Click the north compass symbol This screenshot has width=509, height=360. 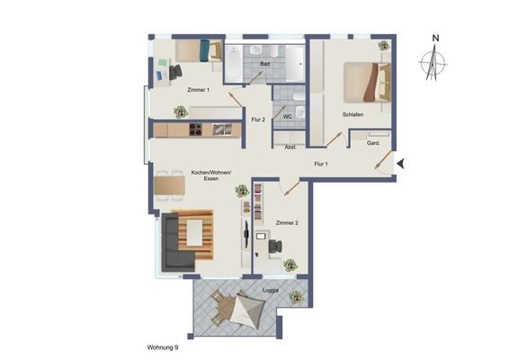[434, 62]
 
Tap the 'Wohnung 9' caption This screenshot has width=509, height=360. [162, 346]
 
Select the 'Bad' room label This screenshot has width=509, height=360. [264, 65]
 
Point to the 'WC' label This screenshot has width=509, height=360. [288, 117]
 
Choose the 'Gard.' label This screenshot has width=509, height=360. [373, 142]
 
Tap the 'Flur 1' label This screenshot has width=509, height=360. [320, 164]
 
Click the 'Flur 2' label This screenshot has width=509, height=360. [258, 119]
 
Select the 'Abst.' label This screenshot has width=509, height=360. [290, 147]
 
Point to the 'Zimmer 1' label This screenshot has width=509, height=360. [198, 90]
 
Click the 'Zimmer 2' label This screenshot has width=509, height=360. [287, 221]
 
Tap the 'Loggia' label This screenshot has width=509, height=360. [270, 292]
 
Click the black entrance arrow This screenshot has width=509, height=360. [402, 163]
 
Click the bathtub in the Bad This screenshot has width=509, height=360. [234, 62]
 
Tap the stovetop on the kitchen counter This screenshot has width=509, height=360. [195, 130]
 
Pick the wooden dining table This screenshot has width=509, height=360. [169, 185]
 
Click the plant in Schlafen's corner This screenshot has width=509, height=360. [384, 46]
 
